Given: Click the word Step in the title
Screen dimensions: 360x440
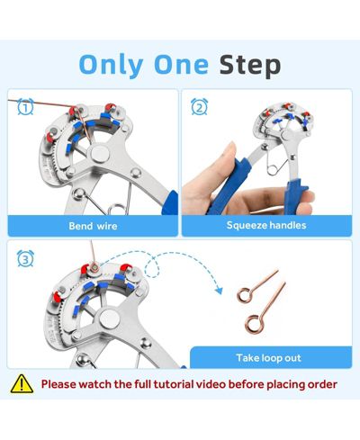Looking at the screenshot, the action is click(x=250, y=66).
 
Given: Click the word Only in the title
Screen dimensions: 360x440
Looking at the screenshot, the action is click(x=111, y=66).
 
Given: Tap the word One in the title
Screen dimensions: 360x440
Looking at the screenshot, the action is click(x=181, y=66).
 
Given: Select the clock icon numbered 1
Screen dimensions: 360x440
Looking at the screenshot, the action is click(x=25, y=107).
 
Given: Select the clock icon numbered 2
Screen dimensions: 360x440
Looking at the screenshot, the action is click(x=199, y=107).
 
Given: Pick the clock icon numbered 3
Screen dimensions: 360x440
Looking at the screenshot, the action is click(x=25, y=258).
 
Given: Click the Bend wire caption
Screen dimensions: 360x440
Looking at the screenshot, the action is click(x=93, y=226).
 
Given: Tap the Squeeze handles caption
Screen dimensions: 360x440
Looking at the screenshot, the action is click(x=266, y=225).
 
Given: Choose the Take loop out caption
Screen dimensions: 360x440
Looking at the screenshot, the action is click(x=268, y=358).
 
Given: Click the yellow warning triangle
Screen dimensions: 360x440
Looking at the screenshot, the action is click(x=22, y=384).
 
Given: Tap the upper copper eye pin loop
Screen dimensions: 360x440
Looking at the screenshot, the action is click(x=244, y=294).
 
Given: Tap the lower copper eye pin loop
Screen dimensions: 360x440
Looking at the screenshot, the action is click(x=254, y=324).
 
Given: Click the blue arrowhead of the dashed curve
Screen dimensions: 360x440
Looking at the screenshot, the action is click(x=220, y=290).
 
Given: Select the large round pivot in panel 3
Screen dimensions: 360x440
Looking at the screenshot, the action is click(x=109, y=319).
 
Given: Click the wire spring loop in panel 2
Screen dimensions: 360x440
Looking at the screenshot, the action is click(x=274, y=170).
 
